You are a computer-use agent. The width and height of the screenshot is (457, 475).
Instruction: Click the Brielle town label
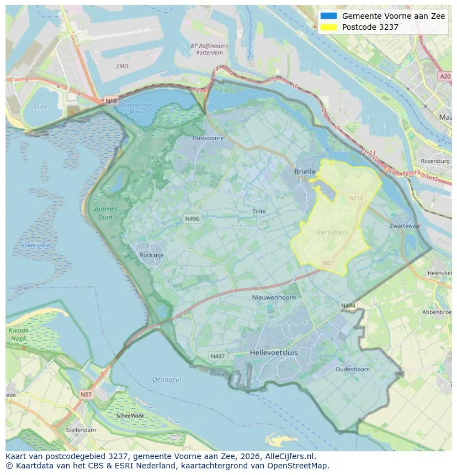click(x=305, y=172)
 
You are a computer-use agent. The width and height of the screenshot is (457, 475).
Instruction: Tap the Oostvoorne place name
click(x=208, y=138)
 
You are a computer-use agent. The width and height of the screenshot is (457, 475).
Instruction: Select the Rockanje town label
click(x=151, y=255)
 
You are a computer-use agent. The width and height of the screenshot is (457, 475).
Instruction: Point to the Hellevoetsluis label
click(x=274, y=352)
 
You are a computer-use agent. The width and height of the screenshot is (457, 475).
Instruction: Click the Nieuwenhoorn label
click(x=274, y=297)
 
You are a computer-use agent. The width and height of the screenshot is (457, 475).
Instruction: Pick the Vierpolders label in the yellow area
click(x=332, y=232)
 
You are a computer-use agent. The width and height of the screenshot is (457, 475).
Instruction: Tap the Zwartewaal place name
click(x=405, y=226)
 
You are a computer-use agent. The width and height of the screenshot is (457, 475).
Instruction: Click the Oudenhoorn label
click(x=352, y=369)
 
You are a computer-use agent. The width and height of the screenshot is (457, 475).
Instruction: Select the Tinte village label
click(x=259, y=211)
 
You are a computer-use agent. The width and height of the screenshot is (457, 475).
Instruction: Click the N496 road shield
click(x=192, y=219)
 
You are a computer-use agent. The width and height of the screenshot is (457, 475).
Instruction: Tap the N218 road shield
click(x=356, y=198)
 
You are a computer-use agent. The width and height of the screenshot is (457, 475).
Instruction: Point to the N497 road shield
click(x=217, y=356)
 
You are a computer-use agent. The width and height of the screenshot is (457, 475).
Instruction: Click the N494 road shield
click(x=348, y=306)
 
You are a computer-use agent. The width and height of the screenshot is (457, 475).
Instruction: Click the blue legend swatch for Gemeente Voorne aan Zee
click(x=328, y=16)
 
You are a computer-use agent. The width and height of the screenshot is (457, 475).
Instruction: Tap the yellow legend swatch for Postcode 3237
click(x=328, y=27)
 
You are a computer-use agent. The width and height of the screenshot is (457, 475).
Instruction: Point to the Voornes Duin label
click(x=105, y=213)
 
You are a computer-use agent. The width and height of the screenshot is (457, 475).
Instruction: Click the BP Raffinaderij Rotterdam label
click(x=206, y=50)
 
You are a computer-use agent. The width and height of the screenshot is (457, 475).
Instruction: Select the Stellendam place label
click(x=81, y=430)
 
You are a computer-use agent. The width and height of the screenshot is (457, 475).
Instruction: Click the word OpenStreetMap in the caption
click(x=299, y=466)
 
